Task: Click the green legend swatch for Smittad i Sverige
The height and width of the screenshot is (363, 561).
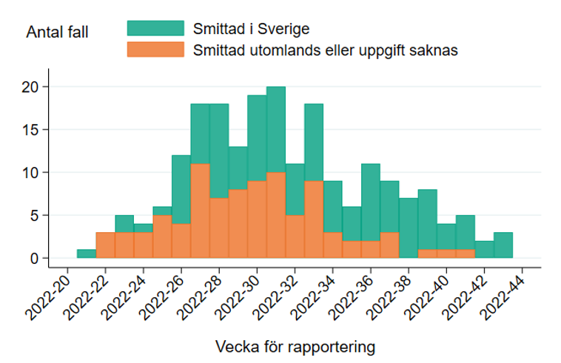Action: [x=155, y=28]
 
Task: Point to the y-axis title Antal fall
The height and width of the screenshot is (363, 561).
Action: [x=57, y=33]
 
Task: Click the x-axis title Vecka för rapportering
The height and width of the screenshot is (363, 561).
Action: [x=295, y=346]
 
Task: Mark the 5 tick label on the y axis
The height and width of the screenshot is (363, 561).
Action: [x=34, y=215]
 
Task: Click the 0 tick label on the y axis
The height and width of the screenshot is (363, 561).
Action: [x=34, y=258]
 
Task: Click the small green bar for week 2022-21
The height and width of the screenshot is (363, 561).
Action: [x=87, y=254]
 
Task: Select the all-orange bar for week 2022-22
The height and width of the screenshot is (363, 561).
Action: [x=105, y=245]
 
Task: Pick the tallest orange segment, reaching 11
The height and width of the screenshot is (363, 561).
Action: [x=200, y=211]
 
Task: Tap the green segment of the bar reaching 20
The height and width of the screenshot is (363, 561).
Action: [x=276, y=129]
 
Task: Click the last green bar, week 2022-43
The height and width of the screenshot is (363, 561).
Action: [x=503, y=245]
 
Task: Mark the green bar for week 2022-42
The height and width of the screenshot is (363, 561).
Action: [x=484, y=249]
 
